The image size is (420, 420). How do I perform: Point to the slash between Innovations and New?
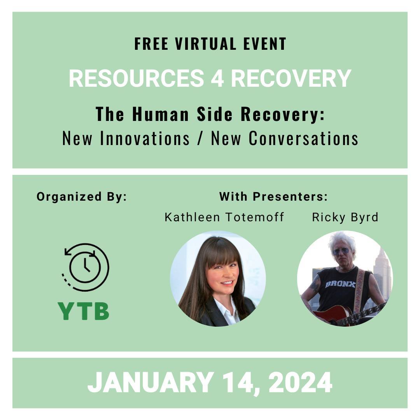(x=200, y=138)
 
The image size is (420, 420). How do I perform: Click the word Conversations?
(x=303, y=138)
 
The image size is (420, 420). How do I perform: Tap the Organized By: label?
(x=82, y=197)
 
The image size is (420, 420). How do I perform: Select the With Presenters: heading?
(x=273, y=197)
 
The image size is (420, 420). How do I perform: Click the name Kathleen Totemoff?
(x=224, y=217)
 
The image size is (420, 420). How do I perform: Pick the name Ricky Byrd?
(x=345, y=217)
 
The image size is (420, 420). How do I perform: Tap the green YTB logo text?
(x=83, y=311)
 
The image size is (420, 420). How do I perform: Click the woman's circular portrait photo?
(x=218, y=278)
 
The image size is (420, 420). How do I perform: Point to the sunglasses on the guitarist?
(x=341, y=252)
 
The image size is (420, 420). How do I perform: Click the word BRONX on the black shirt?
(x=340, y=284)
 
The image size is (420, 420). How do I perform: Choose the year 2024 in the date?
(x=300, y=382)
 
